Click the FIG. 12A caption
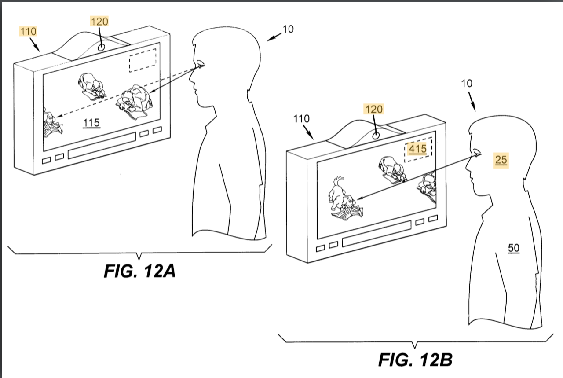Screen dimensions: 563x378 coord(139,271)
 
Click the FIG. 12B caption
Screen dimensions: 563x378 coord(415,360)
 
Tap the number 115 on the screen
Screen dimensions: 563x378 coord(91,123)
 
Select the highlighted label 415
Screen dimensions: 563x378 coord(418,149)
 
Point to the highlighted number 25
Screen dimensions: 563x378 coord(501,160)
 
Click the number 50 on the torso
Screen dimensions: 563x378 coord(514,248)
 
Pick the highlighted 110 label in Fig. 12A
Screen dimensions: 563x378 coord(29,31)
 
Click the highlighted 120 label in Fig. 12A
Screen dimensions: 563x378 coord(99,22)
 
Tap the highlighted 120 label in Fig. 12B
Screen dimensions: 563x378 coord(374,109)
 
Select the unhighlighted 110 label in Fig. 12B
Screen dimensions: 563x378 coord(302,118)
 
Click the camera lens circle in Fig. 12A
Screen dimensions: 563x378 coord(101,47)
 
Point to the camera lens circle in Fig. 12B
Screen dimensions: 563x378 coord(376,136)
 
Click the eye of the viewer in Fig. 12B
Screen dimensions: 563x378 coord(476,152)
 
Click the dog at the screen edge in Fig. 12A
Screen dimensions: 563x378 coord(52,123)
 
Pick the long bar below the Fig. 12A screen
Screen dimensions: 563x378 coord(102,145)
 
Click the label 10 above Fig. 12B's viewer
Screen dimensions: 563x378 coord(467,84)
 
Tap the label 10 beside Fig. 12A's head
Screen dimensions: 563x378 coord(288,29)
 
